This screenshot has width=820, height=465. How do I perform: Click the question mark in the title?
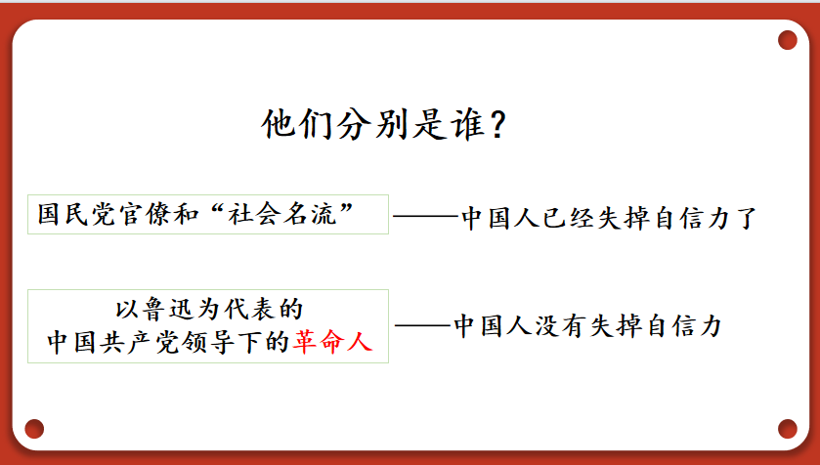498,124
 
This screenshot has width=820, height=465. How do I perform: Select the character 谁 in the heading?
469,124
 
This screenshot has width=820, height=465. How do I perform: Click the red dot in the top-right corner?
787,40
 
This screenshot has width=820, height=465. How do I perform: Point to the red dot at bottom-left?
34,429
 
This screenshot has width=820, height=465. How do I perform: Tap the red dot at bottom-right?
787,429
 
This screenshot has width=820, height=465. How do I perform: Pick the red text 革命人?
332,342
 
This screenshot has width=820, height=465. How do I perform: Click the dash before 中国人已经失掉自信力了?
426,215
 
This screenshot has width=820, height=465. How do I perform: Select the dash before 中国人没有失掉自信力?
422,325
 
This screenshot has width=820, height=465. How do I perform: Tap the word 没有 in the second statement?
560,325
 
